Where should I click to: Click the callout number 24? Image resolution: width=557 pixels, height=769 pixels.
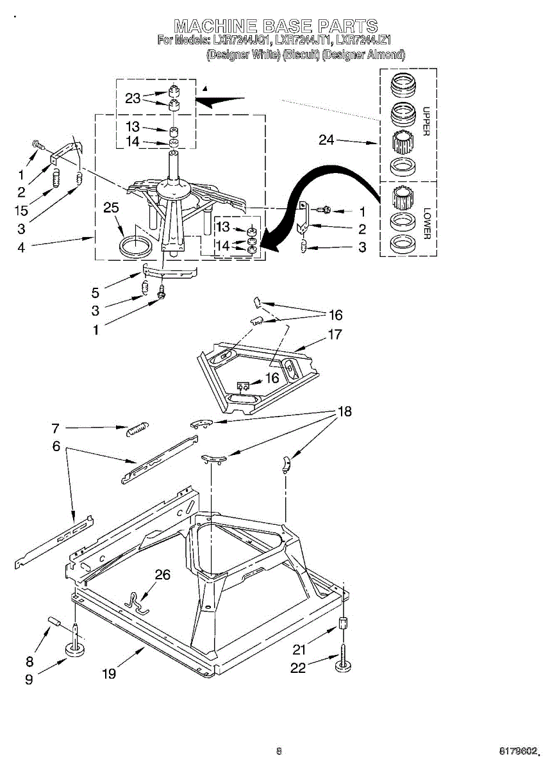tap(327, 139)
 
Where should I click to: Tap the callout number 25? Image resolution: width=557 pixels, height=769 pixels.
tap(111, 208)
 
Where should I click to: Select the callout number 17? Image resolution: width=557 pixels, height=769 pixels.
tap(334, 335)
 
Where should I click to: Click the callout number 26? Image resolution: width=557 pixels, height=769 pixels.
tap(163, 575)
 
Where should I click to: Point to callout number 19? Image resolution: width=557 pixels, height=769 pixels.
tap(110, 674)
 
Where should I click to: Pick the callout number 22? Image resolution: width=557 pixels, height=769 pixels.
tap(298, 668)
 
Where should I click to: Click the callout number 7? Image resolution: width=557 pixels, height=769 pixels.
tap(56, 428)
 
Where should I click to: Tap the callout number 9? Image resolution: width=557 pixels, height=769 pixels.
tap(29, 680)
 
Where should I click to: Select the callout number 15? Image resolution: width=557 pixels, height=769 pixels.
tap(21, 210)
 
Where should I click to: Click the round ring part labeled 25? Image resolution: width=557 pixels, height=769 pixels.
tap(137, 245)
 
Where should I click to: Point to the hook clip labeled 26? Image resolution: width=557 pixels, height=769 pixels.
tap(136, 602)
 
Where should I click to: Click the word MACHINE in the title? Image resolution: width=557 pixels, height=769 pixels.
tap(215, 26)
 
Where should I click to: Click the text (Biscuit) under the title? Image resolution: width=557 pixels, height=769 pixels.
tap(301, 54)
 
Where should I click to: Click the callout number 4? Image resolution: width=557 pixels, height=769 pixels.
tap(21, 247)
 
